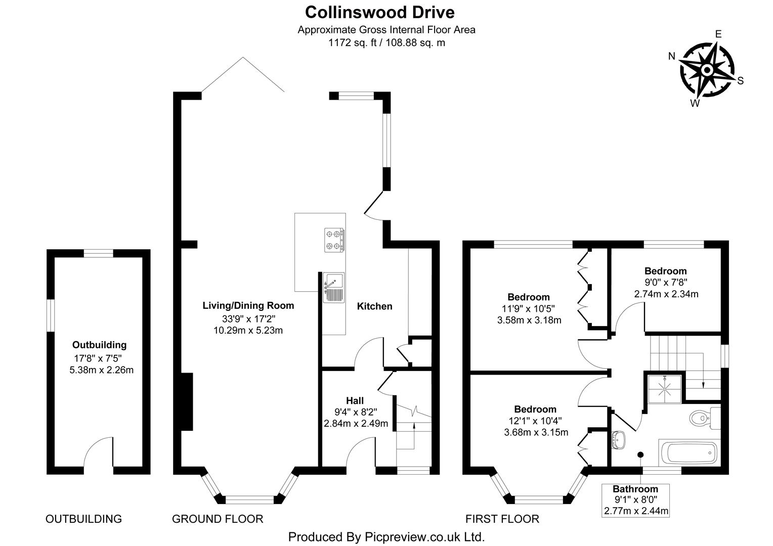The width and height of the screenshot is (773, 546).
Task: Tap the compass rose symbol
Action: pyautogui.click(x=707, y=70)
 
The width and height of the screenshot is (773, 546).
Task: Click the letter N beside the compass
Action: pyautogui.click(x=672, y=56)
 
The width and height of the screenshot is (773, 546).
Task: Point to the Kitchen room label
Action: pyautogui.click(x=374, y=306)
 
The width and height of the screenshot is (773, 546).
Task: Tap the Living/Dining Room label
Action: pyautogui.click(x=248, y=305)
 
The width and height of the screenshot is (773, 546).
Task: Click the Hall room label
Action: pyautogui.click(x=355, y=401)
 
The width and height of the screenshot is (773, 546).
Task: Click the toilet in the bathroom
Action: pyautogui.click(x=704, y=418)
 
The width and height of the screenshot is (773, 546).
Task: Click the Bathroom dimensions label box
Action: pyautogui.click(x=635, y=500)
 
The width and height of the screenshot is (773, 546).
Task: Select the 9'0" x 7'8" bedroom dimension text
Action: pyautogui.click(x=665, y=283)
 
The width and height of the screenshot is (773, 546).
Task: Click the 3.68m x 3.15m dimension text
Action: pyautogui.click(x=536, y=432)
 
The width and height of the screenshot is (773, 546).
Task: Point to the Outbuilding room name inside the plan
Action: pyautogui.click(x=99, y=345)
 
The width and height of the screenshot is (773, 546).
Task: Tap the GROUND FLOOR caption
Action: pyautogui.click(x=218, y=519)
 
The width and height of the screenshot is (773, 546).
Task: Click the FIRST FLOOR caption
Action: pyautogui.click(x=502, y=519)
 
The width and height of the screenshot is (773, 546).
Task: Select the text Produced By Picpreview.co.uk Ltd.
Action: pyautogui.click(x=386, y=536)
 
